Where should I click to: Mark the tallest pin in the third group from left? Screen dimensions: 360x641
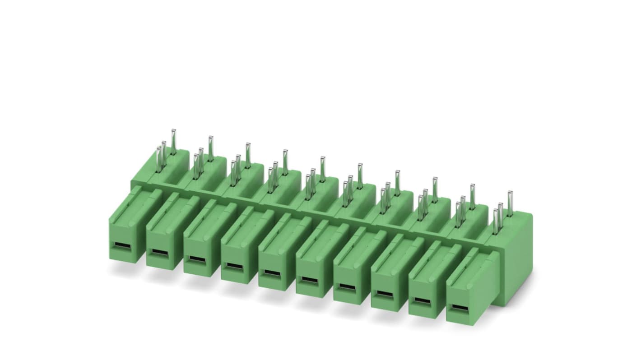pos(248,154)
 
